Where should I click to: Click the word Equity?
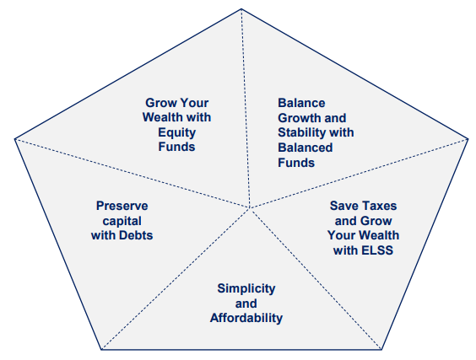click(x=177, y=133)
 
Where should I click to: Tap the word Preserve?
click(x=122, y=206)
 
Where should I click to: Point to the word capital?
click(x=122, y=221)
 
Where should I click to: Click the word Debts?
click(x=136, y=235)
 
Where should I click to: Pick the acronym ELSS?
click(x=377, y=250)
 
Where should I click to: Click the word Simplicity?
click(x=246, y=288)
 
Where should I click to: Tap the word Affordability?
click(x=246, y=318)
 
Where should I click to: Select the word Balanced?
click(x=305, y=148)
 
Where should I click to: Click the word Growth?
click(x=297, y=118)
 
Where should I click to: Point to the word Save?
click(x=343, y=206)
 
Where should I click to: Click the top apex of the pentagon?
click(x=241, y=8)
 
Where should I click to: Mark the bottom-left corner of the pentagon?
click(x=101, y=350)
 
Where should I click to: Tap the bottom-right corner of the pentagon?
click(x=381, y=350)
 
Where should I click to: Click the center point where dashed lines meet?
click(x=250, y=208)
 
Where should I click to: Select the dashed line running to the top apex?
click(x=246, y=108)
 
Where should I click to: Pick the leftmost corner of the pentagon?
click(x=14, y=139)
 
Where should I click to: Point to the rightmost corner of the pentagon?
click(x=468, y=139)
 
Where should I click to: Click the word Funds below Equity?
click(x=177, y=147)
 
